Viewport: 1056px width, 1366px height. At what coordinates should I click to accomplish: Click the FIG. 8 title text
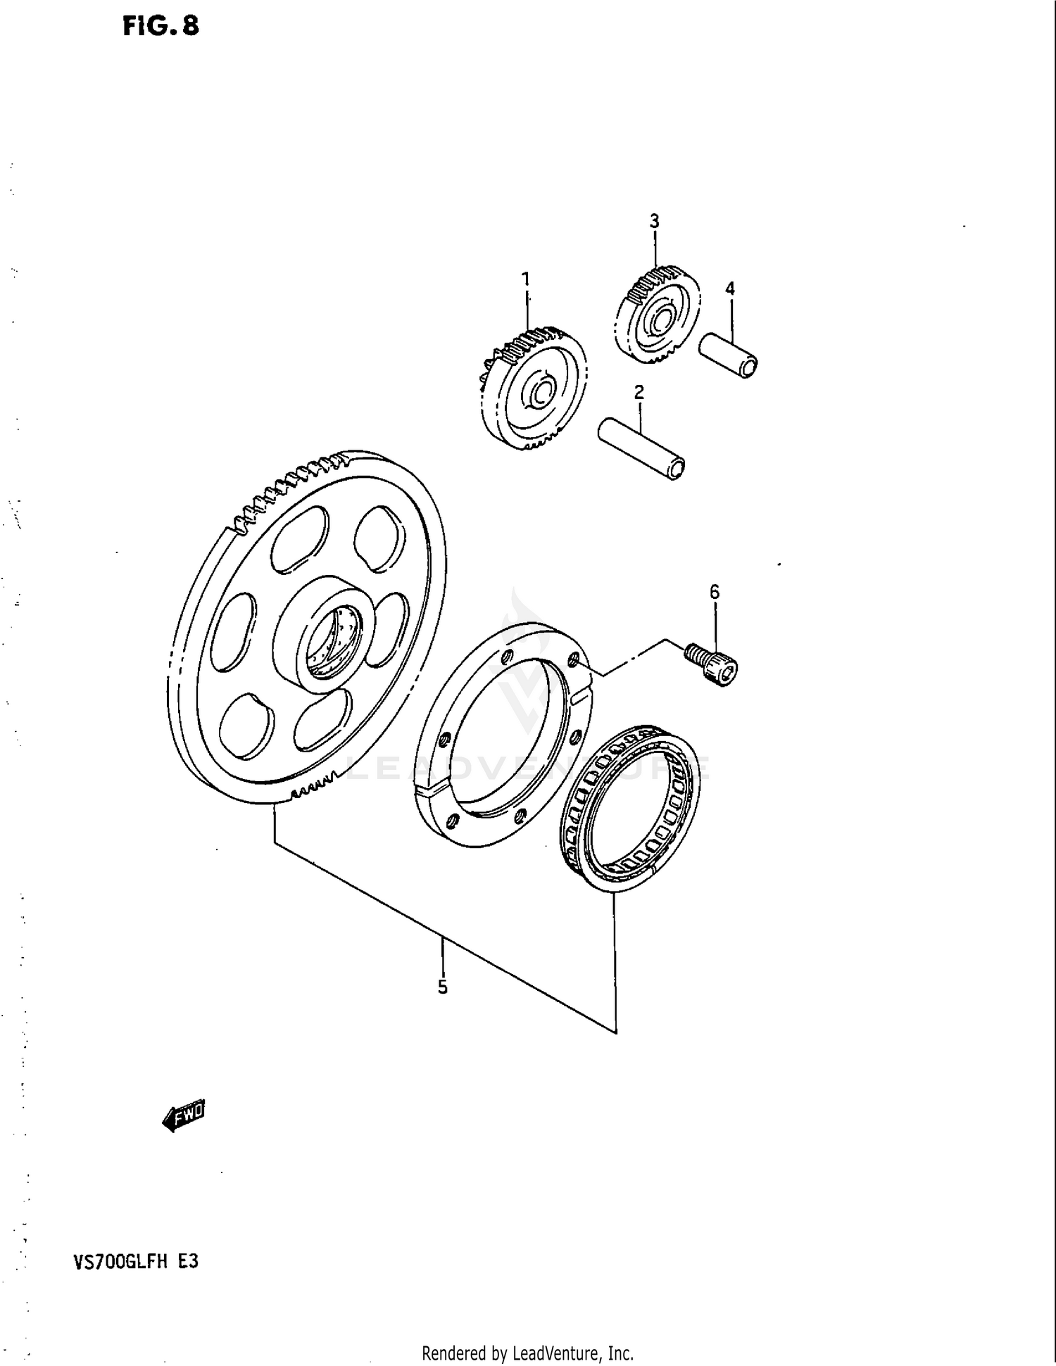click(x=161, y=26)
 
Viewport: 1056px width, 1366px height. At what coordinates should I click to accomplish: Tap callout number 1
click(x=525, y=279)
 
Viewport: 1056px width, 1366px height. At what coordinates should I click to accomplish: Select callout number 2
click(x=639, y=393)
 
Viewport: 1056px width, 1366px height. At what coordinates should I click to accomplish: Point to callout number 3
click(x=654, y=222)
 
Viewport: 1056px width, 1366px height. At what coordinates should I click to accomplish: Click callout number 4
click(x=730, y=289)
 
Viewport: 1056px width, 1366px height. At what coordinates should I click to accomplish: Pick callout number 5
click(x=442, y=987)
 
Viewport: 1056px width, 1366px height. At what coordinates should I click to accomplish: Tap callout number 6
click(x=715, y=593)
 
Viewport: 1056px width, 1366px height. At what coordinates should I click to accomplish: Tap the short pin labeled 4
click(x=728, y=355)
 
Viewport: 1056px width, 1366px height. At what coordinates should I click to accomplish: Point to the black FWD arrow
click(x=182, y=1115)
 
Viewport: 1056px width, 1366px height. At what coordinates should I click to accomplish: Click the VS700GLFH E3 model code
click(x=135, y=1262)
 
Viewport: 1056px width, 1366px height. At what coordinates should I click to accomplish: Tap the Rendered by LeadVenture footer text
click(x=527, y=1353)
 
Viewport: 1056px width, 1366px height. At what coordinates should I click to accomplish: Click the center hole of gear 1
click(x=541, y=396)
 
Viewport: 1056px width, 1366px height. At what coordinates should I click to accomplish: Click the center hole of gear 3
click(x=660, y=322)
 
